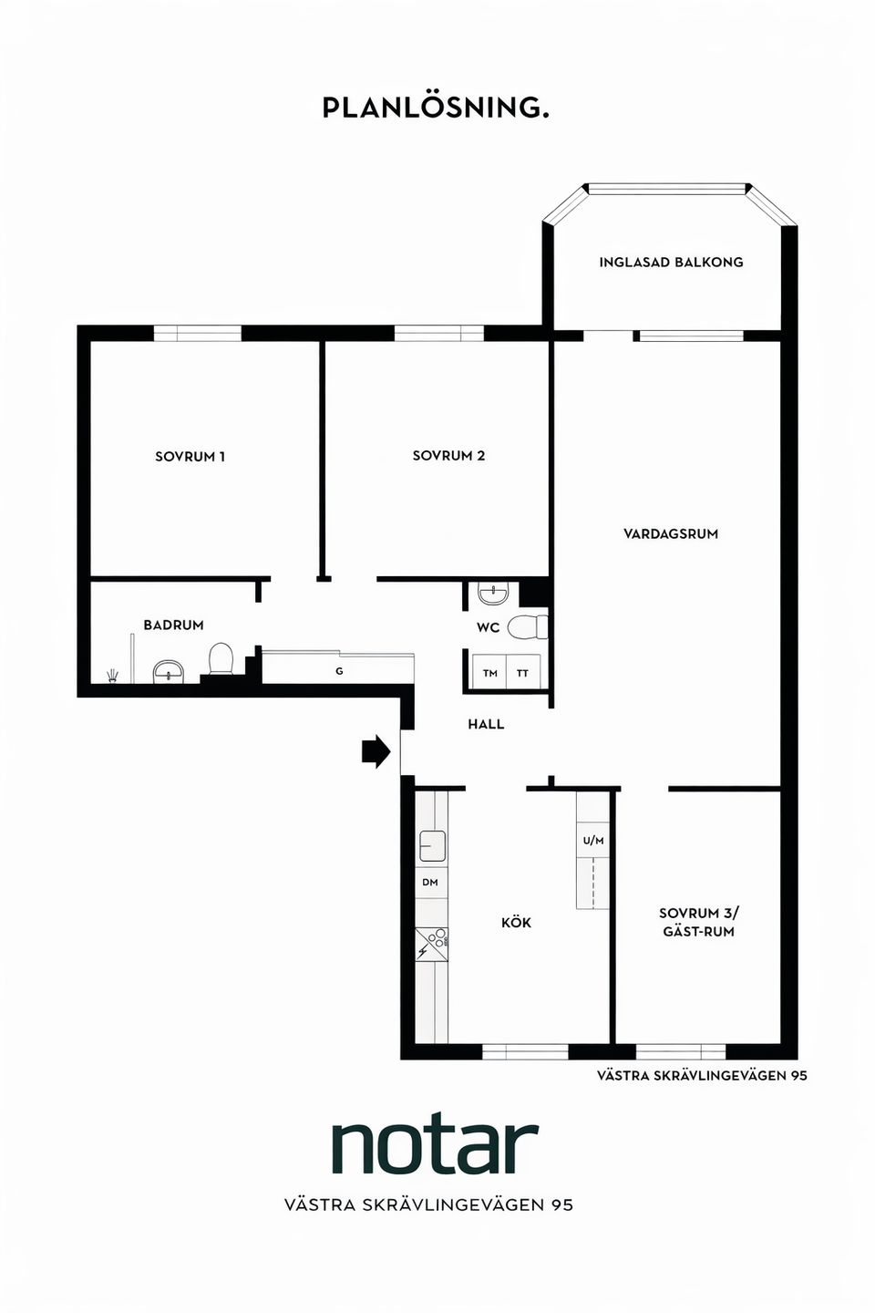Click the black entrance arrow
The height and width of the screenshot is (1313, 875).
click(x=376, y=751)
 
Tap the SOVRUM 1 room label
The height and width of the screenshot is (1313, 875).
click(x=190, y=457)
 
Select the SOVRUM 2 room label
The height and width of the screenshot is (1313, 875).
click(x=449, y=456)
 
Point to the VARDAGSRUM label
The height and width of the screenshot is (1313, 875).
click(x=671, y=534)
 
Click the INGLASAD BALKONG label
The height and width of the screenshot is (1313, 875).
click(x=671, y=262)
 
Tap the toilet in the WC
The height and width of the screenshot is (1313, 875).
click(x=526, y=627)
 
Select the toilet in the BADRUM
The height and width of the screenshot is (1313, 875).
click(x=221, y=659)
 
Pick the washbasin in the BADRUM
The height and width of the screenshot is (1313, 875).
click(x=170, y=671)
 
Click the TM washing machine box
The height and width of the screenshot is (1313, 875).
click(x=489, y=672)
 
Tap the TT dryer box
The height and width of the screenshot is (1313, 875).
click(x=523, y=672)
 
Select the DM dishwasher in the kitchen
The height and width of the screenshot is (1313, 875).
click(x=431, y=883)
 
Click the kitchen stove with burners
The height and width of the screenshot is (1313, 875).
click(x=431, y=944)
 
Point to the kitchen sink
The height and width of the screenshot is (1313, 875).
click(x=433, y=846)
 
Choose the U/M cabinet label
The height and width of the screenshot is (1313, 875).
click(x=593, y=841)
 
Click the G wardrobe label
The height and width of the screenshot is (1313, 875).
click(x=339, y=671)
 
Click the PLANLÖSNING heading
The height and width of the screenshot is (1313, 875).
click(x=436, y=109)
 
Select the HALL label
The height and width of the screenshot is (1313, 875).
click(x=486, y=725)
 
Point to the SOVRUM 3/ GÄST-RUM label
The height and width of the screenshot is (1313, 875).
click(x=698, y=922)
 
